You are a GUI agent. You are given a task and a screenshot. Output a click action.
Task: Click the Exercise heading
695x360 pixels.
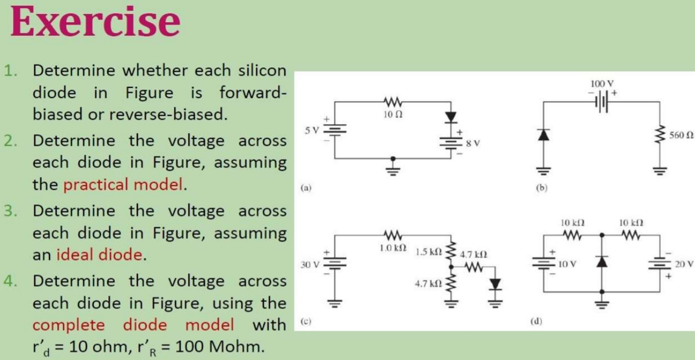(95, 22)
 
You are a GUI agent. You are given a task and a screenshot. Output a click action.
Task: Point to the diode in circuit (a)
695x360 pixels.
(451, 116)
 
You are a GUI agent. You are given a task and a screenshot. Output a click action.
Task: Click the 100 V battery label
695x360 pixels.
(602, 83)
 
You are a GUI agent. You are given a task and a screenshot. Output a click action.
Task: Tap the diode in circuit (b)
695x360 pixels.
(544, 135)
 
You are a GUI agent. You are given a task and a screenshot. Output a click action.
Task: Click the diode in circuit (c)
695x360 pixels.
(495, 284)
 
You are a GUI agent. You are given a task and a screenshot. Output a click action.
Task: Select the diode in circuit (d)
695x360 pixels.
(602, 261)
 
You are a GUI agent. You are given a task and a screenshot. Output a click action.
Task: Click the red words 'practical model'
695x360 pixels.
(123, 184)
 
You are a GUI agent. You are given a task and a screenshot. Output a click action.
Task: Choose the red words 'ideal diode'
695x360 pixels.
(99, 254)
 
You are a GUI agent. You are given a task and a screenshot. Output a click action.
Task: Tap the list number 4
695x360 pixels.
(9, 281)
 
